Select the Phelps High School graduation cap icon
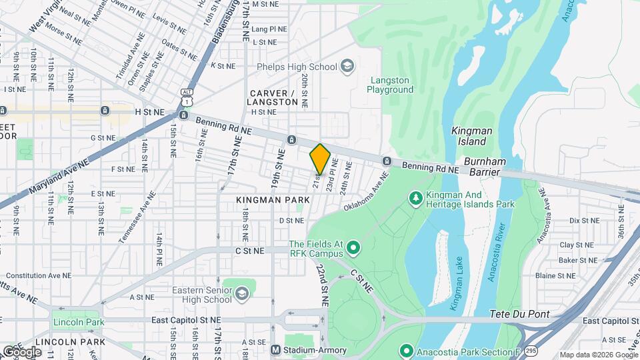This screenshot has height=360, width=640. (x=347, y=65)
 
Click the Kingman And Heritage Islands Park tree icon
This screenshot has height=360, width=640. (x=415, y=197)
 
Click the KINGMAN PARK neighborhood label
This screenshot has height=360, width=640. (x=273, y=199)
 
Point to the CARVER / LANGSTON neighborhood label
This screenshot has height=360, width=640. (x=272, y=97)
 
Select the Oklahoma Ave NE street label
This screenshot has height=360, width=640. (x=366, y=192)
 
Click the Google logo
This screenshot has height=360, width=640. (x=21, y=351)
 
